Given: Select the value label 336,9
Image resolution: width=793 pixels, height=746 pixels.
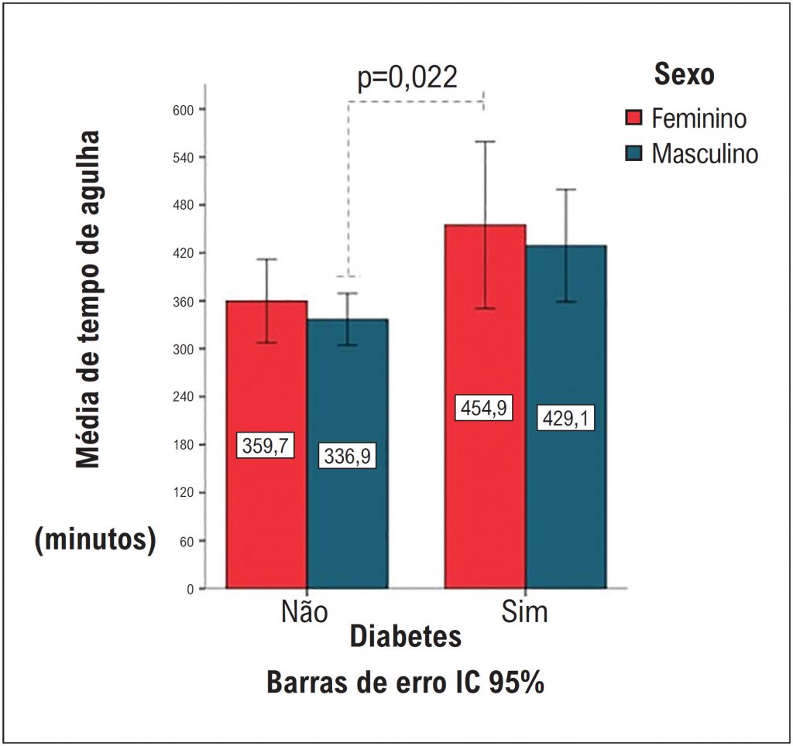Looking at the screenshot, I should (x=347, y=456).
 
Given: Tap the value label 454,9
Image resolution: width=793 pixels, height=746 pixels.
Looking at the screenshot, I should (x=485, y=407).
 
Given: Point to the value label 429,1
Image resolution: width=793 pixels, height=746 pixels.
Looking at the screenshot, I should (x=566, y=419).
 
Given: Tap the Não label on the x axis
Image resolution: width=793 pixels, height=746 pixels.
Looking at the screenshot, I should (x=304, y=611).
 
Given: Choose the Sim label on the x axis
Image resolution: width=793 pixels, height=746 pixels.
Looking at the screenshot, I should (x=524, y=611).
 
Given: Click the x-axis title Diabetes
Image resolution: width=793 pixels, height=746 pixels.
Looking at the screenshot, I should (x=405, y=637).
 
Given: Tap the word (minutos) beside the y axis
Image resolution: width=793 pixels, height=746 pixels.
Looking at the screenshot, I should (x=94, y=539).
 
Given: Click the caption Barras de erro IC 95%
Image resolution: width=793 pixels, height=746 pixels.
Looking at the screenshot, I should (x=405, y=684).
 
